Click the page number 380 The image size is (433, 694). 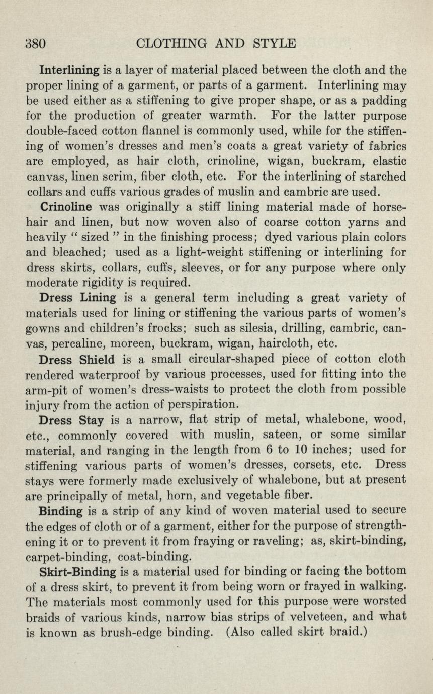click(36, 43)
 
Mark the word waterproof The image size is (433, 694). click(90, 375)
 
